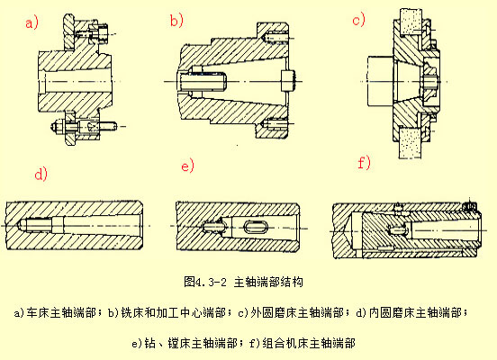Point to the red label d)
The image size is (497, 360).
[40, 172]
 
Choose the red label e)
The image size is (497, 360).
[187, 166]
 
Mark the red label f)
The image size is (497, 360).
[364, 163]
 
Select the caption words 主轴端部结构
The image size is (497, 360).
[268, 281]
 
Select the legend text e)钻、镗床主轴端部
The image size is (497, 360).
[186, 343]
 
